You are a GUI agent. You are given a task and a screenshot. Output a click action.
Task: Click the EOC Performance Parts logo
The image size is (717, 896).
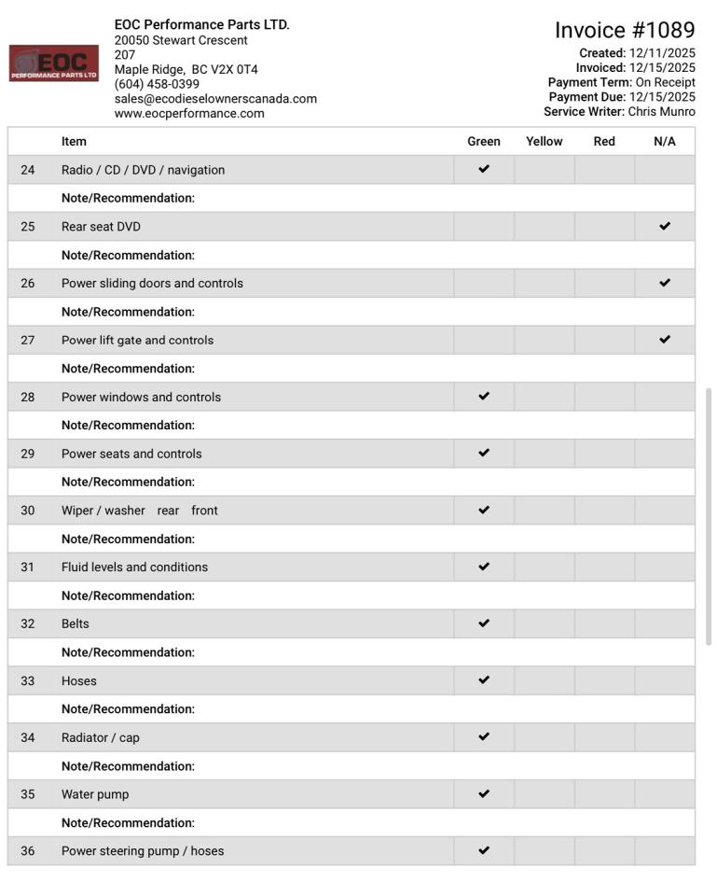pyautogui.click(x=54, y=63)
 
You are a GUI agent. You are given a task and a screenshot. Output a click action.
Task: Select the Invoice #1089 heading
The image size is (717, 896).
pyautogui.click(x=625, y=31)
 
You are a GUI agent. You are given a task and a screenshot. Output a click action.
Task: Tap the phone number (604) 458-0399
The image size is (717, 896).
pyautogui.click(x=157, y=84)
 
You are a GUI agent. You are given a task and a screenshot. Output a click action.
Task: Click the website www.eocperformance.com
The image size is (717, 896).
pyautogui.click(x=189, y=113)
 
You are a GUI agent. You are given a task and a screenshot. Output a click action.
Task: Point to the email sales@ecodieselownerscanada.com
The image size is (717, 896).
pyautogui.click(x=215, y=99)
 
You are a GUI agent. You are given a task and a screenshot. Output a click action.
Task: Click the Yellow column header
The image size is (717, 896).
pyautogui.click(x=544, y=142)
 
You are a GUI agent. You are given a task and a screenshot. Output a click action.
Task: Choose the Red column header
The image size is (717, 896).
pyautogui.click(x=604, y=142)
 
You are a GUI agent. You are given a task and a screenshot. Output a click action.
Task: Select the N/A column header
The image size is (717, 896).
pyautogui.click(x=664, y=142)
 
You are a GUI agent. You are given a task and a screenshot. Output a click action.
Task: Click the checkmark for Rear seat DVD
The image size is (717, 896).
pyautogui.click(x=665, y=226)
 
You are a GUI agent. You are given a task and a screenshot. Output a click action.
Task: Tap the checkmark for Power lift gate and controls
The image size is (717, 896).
pyautogui.click(x=665, y=340)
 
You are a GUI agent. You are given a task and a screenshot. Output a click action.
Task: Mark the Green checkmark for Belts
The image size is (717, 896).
pyautogui.click(x=484, y=623)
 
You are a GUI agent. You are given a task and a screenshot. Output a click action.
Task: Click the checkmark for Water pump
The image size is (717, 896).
pyautogui.click(x=484, y=794)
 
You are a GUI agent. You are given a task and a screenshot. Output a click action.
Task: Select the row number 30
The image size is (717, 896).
pyautogui.click(x=28, y=511)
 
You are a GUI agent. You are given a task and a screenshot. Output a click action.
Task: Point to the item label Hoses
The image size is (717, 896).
pyautogui.click(x=79, y=681)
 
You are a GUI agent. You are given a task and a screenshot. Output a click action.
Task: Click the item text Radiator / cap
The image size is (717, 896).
pyautogui.click(x=101, y=738)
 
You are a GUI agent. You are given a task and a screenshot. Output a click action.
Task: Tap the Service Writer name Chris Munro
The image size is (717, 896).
pyautogui.click(x=661, y=112)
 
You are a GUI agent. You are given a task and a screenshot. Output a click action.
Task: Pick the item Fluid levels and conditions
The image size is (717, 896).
pyautogui.click(x=134, y=567)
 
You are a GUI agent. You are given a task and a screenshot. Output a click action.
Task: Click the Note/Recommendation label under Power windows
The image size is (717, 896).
pyautogui.click(x=128, y=426)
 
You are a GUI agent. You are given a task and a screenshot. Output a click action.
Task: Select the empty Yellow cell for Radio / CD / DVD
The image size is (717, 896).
pyautogui.click(x=544, y=170)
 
